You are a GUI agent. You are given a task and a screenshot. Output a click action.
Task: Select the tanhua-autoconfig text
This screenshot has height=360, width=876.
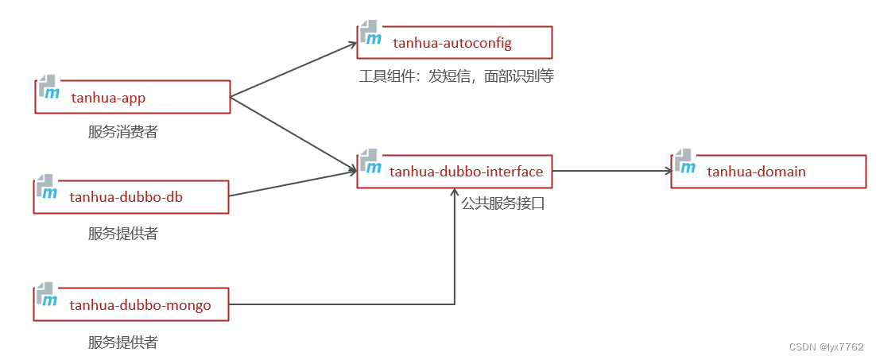[x=452, y=43]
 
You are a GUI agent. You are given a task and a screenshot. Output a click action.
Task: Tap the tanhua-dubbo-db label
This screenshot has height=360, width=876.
[x=126, y=196]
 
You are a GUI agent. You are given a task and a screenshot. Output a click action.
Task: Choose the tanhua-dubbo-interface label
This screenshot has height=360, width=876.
[x=466, y=171]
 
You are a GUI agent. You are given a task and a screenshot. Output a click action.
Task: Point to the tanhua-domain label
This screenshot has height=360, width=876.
[x=756, y=171]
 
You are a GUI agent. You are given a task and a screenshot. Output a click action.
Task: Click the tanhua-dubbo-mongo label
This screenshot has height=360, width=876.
[x=140, y=304]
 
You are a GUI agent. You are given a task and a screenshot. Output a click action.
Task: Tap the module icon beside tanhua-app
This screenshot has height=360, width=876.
[x=48, y=88]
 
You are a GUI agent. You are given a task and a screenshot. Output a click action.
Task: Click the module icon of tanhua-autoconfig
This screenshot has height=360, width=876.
[x=370, y=33]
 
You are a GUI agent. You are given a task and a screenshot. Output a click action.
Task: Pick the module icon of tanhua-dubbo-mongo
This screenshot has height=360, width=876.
[x=47, y=295]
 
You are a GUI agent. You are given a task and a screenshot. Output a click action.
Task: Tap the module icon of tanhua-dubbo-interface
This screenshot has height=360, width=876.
[x=370, y=161]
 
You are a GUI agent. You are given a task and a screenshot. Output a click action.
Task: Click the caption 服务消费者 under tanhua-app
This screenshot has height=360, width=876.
[x=122, y=132]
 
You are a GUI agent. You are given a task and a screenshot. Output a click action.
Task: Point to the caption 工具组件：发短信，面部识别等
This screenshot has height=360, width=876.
[x=455, y=76]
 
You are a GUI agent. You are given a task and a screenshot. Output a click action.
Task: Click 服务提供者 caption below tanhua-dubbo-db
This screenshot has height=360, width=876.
[x=122, y=234]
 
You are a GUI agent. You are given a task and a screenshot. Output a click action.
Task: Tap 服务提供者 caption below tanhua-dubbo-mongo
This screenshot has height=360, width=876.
[x=122, y=343]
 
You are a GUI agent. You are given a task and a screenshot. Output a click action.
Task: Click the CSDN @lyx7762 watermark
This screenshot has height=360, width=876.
[x=826, y=347]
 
